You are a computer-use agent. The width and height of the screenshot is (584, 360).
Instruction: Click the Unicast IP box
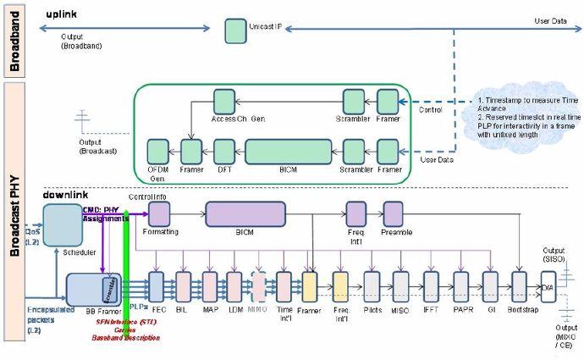234,31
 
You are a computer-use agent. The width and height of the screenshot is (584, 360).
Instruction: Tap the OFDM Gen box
157,152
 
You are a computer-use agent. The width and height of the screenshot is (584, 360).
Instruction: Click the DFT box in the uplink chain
223,152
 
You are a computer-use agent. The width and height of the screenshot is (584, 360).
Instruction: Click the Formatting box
159,213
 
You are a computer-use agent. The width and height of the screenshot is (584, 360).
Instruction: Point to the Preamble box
394,213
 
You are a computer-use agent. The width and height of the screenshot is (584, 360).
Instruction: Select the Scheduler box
63,224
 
